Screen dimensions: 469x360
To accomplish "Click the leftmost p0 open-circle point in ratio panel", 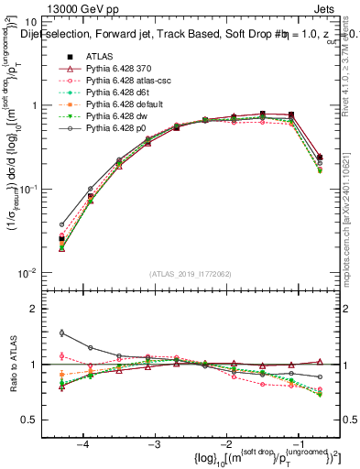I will click(61, 333).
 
